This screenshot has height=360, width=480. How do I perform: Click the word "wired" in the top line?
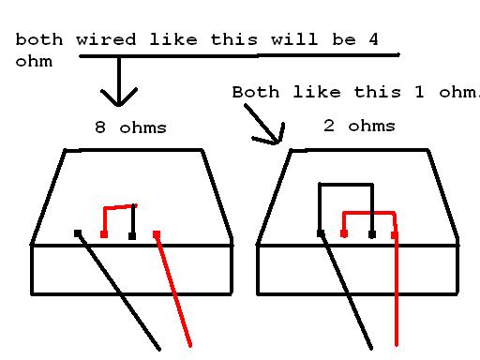point(106,39)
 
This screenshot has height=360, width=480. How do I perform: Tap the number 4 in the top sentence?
point(373,39)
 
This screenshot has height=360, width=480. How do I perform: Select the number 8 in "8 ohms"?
point(100,127)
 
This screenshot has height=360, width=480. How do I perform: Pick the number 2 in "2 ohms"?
point(329,126)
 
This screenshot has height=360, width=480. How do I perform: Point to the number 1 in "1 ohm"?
point(419,92)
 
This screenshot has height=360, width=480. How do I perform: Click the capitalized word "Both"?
point(256,92)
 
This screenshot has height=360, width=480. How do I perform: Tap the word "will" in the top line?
point(294,39)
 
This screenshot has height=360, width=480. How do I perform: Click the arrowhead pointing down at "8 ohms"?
point(118,97)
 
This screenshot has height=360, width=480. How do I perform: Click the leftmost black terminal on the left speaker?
point(78,233)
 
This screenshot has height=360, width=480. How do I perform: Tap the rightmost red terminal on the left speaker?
point(157,234)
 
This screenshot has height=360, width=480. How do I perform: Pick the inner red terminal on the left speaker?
point(104,234)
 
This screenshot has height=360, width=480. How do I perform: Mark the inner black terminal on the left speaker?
point(132,236)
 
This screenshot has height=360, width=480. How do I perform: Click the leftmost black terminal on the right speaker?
point(321,233)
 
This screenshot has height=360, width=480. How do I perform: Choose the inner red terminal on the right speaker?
point(344,233)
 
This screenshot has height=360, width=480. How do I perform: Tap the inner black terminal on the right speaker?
point(372,234)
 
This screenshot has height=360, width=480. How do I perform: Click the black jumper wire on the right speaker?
point(346,185)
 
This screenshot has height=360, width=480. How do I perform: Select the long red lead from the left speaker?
point(173,291)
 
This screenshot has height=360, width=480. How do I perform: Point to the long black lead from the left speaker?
point(119,292)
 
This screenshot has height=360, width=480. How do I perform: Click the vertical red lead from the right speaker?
point(397,291)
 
